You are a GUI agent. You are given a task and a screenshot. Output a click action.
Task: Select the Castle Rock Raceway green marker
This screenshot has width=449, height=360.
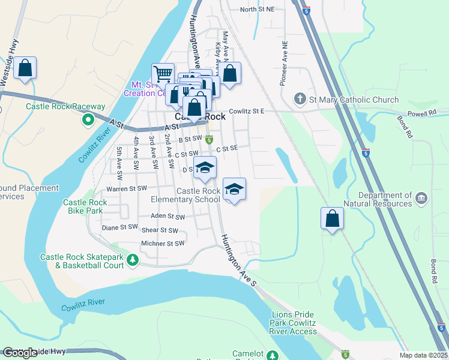tap(88, 119)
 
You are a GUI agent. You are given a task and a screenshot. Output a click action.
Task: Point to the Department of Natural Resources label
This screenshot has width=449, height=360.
tap(385, 199)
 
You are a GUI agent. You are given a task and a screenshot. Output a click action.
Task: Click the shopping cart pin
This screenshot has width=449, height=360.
tap(163, 74)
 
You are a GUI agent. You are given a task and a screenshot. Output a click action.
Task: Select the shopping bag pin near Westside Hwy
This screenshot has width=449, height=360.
tap(25, 68)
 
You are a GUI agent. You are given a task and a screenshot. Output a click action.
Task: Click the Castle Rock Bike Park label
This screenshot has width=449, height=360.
tap(85, 206)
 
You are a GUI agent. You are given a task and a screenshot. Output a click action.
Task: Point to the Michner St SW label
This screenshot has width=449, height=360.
tap(162, 244)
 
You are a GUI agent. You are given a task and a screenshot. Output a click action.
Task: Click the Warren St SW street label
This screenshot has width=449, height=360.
tap(126, 188)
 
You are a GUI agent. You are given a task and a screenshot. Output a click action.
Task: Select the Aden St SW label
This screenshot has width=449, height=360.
tap(167, 216)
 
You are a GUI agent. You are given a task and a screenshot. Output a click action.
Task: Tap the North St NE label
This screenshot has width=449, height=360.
tap(257, 9)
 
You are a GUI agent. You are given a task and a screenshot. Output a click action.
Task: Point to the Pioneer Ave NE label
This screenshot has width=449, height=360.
tap(285, 64)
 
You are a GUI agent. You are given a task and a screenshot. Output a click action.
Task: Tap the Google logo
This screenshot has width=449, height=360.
tap(20, 352)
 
